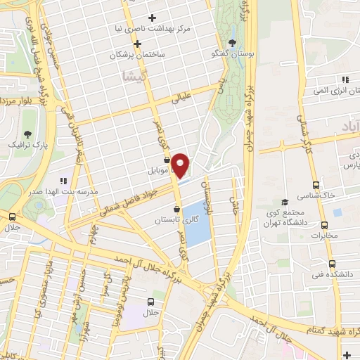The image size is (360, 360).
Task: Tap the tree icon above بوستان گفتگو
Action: pos(233,43)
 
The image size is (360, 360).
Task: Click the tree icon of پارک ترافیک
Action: pos(27,133)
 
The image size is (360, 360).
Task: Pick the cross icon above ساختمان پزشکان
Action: pos(138,44)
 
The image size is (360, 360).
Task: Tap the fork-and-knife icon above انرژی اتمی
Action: pos(344,79)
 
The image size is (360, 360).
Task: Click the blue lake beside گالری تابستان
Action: pos(198,224)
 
